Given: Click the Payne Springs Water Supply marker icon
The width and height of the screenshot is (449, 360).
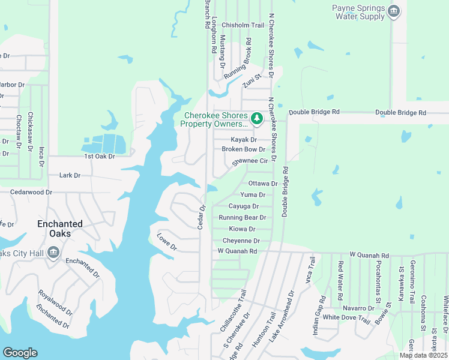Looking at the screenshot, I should tap(394, 11).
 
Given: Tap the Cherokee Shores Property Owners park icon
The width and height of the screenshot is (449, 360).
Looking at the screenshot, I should tap(257, 118).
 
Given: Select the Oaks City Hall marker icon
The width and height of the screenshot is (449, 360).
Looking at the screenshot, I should tap(53, 253).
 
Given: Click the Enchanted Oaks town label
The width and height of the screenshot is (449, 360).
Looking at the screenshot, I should tap(60, 228).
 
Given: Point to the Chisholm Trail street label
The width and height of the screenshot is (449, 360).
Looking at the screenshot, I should tap(243, 25).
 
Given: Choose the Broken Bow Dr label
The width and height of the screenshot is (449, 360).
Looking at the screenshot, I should tap(243, 149).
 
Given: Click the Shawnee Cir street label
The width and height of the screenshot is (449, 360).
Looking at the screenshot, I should tap(249, 161).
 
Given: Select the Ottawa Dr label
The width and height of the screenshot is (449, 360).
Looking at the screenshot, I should tap(263, 184).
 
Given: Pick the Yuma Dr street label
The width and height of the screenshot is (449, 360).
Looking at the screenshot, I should tap(253, 195).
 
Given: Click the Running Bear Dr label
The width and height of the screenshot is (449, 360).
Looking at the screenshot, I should tap(242, 218).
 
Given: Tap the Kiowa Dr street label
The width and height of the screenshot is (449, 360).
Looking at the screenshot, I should tap(243, 229).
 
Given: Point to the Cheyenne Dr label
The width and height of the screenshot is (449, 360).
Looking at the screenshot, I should tap(241, 241).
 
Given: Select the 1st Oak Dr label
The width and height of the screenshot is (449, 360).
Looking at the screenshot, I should tap(99, 156).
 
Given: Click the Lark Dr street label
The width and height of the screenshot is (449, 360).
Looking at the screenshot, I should tap(70, 176).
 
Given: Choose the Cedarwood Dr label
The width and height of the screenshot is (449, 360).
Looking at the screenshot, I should tap(31, 193).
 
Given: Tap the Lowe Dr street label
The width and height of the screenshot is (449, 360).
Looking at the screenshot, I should tap(167, 243).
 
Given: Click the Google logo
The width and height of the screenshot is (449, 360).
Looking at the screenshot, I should tap(20, 353).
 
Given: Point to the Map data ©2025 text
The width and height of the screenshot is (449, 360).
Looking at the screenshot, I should tap(423, 355).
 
